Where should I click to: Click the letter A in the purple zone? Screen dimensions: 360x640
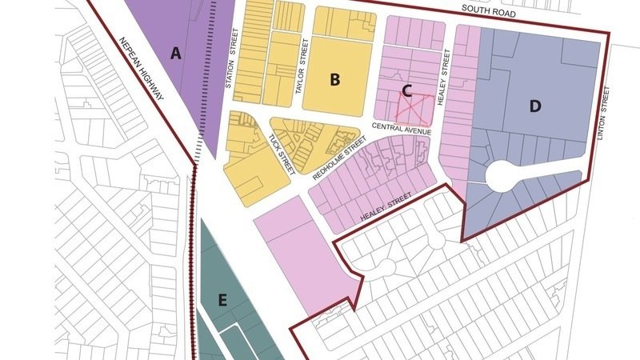[x=176, y=54]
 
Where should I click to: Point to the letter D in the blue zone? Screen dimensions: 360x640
[x=535, y=106]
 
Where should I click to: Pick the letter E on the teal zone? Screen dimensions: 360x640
[x=223, y=300]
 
